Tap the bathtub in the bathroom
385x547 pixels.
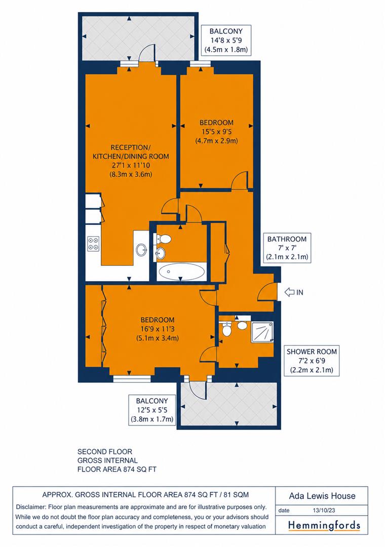(181, 272)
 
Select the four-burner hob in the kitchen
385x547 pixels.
(93, 244)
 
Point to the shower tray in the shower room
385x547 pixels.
(262, 332)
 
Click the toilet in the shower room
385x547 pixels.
(226, 329)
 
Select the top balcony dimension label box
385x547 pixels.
(225, 40)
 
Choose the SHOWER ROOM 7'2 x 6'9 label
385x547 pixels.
(312, 361)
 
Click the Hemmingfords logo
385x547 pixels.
(324, 526)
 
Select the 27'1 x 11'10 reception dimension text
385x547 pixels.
(131, 165)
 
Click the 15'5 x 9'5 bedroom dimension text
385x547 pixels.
(216, 132)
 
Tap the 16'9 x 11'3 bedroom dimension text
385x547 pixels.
(158, 329)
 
